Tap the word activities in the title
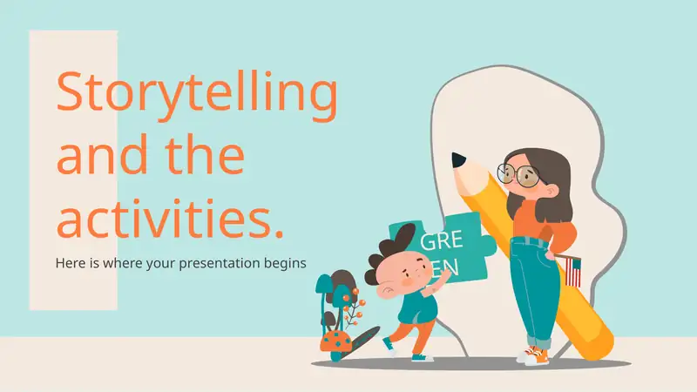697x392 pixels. click(x=164, y=216)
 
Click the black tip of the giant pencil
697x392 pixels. click(x=458, y=160)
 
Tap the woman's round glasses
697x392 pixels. click(x=518, y=174)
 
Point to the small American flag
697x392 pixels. click(x=572, y=271)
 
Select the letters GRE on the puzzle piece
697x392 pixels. click(x=442, y=240)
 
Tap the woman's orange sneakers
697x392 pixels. click(x=533, y=355)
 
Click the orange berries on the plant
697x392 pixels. click(x=355, y=302)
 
